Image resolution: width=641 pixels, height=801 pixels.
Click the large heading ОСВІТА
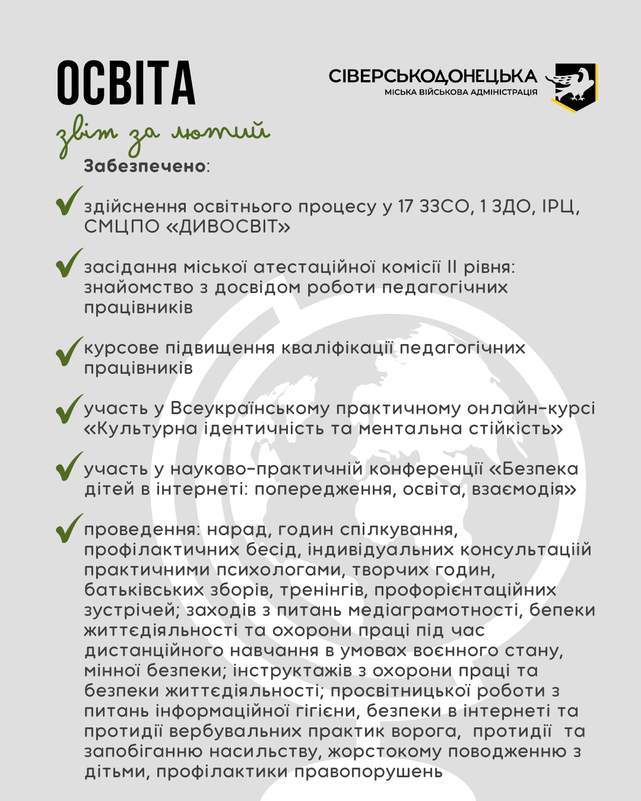(x=126, y=83)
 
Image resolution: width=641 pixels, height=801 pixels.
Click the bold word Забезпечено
(x=145, y=166)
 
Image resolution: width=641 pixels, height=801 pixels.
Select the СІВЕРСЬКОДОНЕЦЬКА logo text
(x=433, y=77)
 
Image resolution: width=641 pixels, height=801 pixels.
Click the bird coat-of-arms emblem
(x=574, y=87)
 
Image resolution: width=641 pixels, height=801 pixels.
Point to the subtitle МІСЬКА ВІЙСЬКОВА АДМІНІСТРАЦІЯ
(x=461, y=93)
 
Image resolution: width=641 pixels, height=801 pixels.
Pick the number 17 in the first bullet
(x=405, y=206)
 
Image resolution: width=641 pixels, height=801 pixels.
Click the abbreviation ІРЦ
(x=561, y=206)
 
